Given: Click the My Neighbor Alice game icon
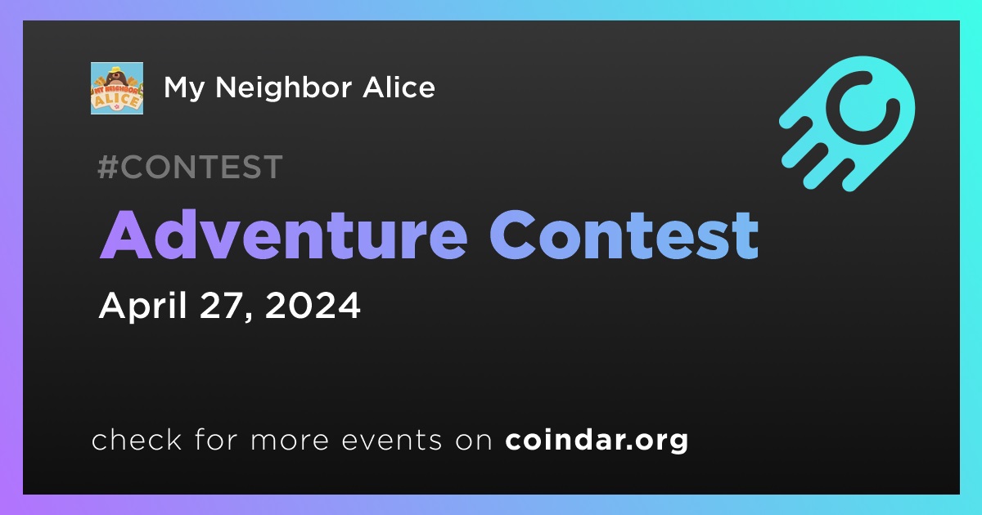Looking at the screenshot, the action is coord(117,88).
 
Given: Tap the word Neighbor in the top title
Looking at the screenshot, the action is coord(283,89).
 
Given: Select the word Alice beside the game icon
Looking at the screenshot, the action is coord(399,87).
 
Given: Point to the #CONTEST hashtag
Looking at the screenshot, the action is coord(190,167).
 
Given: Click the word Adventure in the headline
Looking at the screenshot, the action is coord(284,235).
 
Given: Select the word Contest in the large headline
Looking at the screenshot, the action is coord(624,235).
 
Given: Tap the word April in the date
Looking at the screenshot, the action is coord(143,306).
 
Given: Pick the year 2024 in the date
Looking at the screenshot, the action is coord(313,305).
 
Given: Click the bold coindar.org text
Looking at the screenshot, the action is coord(597,440).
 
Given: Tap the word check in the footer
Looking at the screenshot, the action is coord(137,439).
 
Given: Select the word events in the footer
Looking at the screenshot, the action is coord(392,440).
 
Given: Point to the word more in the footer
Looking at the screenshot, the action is coord(290,441).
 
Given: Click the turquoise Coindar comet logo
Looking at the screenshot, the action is coord(847,123).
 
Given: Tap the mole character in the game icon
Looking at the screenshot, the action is coord(116,78).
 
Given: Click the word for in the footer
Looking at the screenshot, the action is coord(216,439).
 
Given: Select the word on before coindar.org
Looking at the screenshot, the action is coord(474,441).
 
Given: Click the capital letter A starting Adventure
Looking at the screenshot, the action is coord(126,235).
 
